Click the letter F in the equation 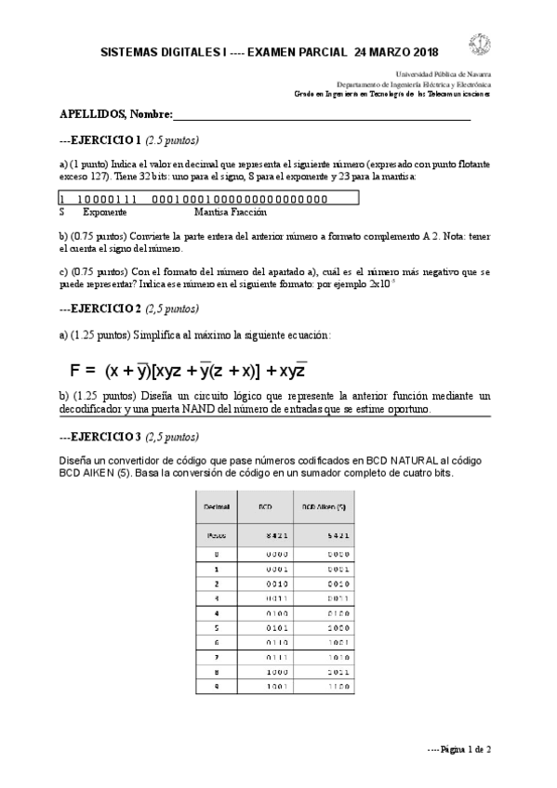tap(77, 369)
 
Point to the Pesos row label tap(217, 536)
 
